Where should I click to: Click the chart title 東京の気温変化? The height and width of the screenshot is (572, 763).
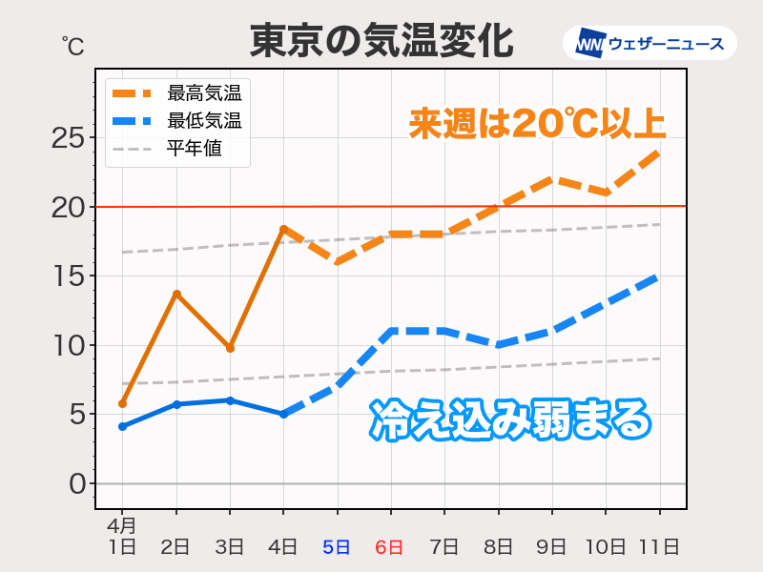381,41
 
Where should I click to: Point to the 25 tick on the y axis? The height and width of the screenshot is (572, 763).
69,138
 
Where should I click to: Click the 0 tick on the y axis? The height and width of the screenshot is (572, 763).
76,483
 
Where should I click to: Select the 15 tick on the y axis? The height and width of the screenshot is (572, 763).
69,276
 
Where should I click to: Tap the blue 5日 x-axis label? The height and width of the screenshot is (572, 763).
337,547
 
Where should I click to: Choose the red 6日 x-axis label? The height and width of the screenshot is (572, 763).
390,547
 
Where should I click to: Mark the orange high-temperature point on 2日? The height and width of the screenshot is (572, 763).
176,294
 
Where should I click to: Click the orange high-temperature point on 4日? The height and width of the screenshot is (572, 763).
283,229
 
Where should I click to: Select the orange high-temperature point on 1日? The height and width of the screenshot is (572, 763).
123,403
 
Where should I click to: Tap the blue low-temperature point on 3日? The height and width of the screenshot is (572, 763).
230,400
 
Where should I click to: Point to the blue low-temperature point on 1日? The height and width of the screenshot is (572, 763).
123,426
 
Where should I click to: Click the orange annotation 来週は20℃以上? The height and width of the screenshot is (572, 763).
537,124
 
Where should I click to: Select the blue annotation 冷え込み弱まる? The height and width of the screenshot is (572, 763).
510,420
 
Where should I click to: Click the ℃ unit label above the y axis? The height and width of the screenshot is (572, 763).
72,45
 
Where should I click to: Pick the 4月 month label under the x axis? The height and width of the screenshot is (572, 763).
121,525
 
